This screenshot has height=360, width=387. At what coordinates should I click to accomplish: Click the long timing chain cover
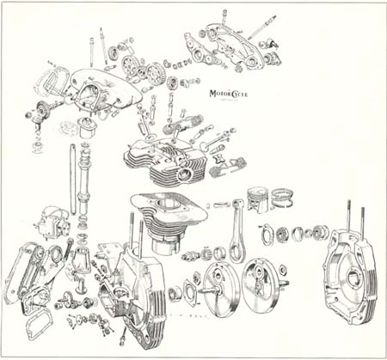point(21,274)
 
